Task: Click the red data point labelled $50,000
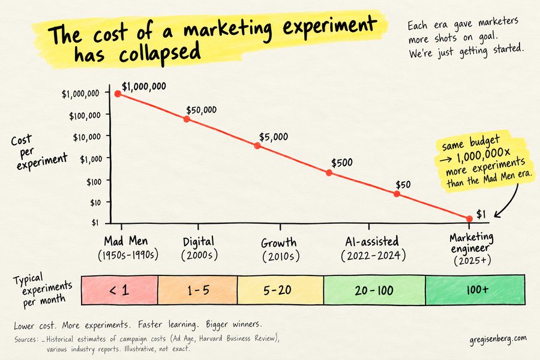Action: [x=187, y=119]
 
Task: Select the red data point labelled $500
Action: [x=329, y=173]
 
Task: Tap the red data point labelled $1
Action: [x=469, y=219]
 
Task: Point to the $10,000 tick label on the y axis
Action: [x=87, y=137]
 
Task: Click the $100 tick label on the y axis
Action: [x=94, y=181]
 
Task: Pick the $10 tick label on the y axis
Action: [x=95, y=203]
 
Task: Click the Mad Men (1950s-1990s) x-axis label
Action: [x=127, y=248]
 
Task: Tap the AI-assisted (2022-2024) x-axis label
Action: [x=373, y=248]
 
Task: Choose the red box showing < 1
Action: [x=119, y=290]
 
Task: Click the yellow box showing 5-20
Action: [x=280, y=290]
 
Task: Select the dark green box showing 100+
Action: [x=475, y=290]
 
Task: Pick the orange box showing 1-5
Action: [x=197, y=290]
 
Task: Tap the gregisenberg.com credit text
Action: [x=498, y=340]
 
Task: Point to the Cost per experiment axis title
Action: [x=38, y=152]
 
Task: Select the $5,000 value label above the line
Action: [x=274, y=137]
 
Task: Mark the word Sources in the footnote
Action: [x=25, y=340]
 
